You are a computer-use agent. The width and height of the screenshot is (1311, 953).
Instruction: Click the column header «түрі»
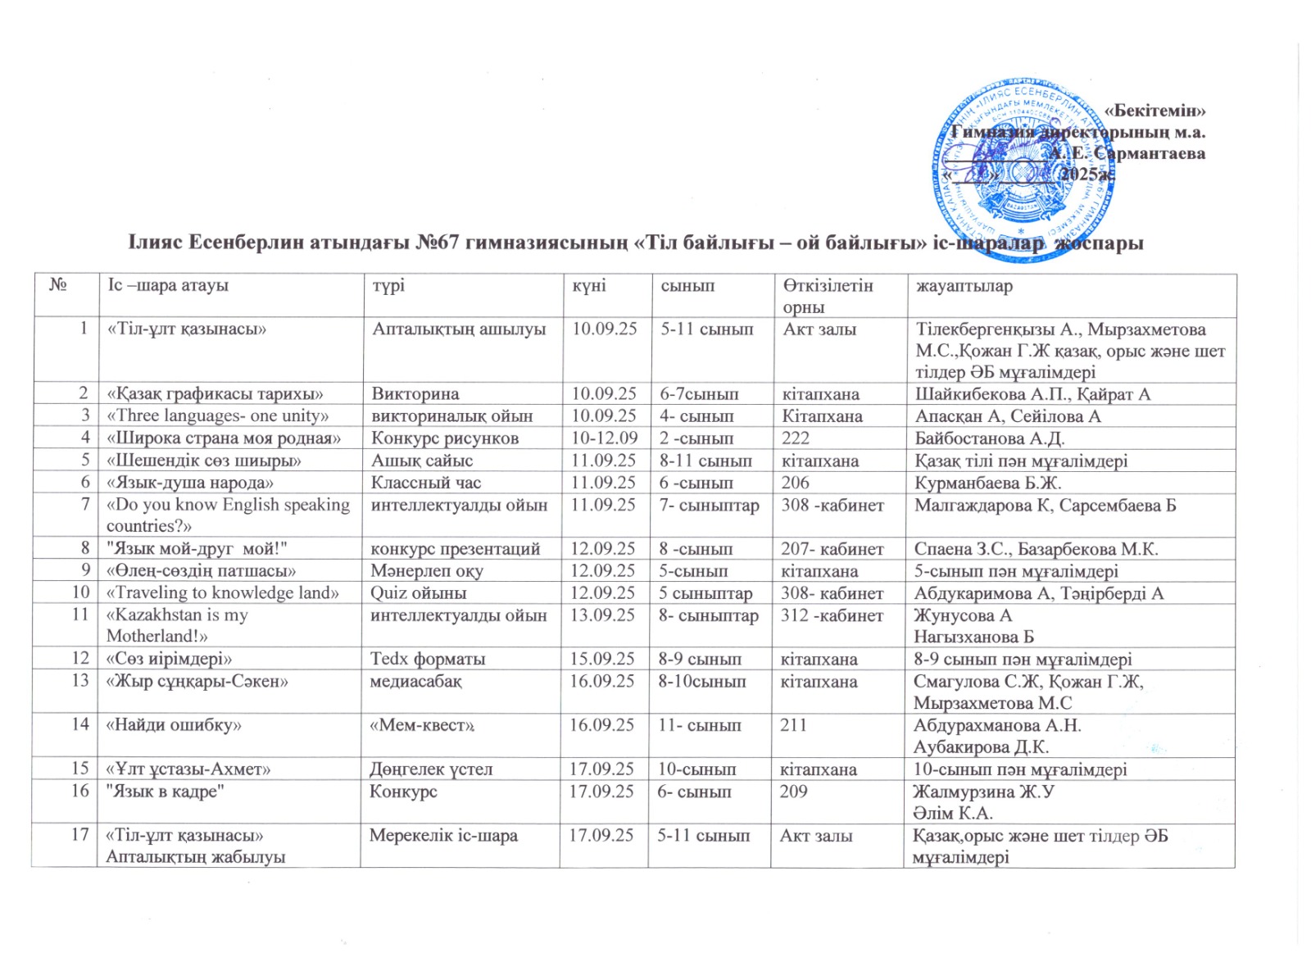click(x=388, y=286)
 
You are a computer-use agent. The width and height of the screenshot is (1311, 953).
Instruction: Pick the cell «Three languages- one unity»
click(x=218, y=415)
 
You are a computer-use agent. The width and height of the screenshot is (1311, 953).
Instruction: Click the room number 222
click(x=796, y=438)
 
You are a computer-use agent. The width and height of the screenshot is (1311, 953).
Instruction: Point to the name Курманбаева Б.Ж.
click(x=987, y=483)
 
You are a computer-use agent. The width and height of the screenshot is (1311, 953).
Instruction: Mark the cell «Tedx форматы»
click(x=427, y=659)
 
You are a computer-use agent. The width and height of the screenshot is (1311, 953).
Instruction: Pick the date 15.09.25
click(x=602, y=659)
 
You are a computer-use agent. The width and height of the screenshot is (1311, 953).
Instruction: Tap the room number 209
click(x=793, y=792)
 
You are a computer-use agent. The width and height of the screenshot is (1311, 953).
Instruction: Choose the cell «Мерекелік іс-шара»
click(x=443, y=836)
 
